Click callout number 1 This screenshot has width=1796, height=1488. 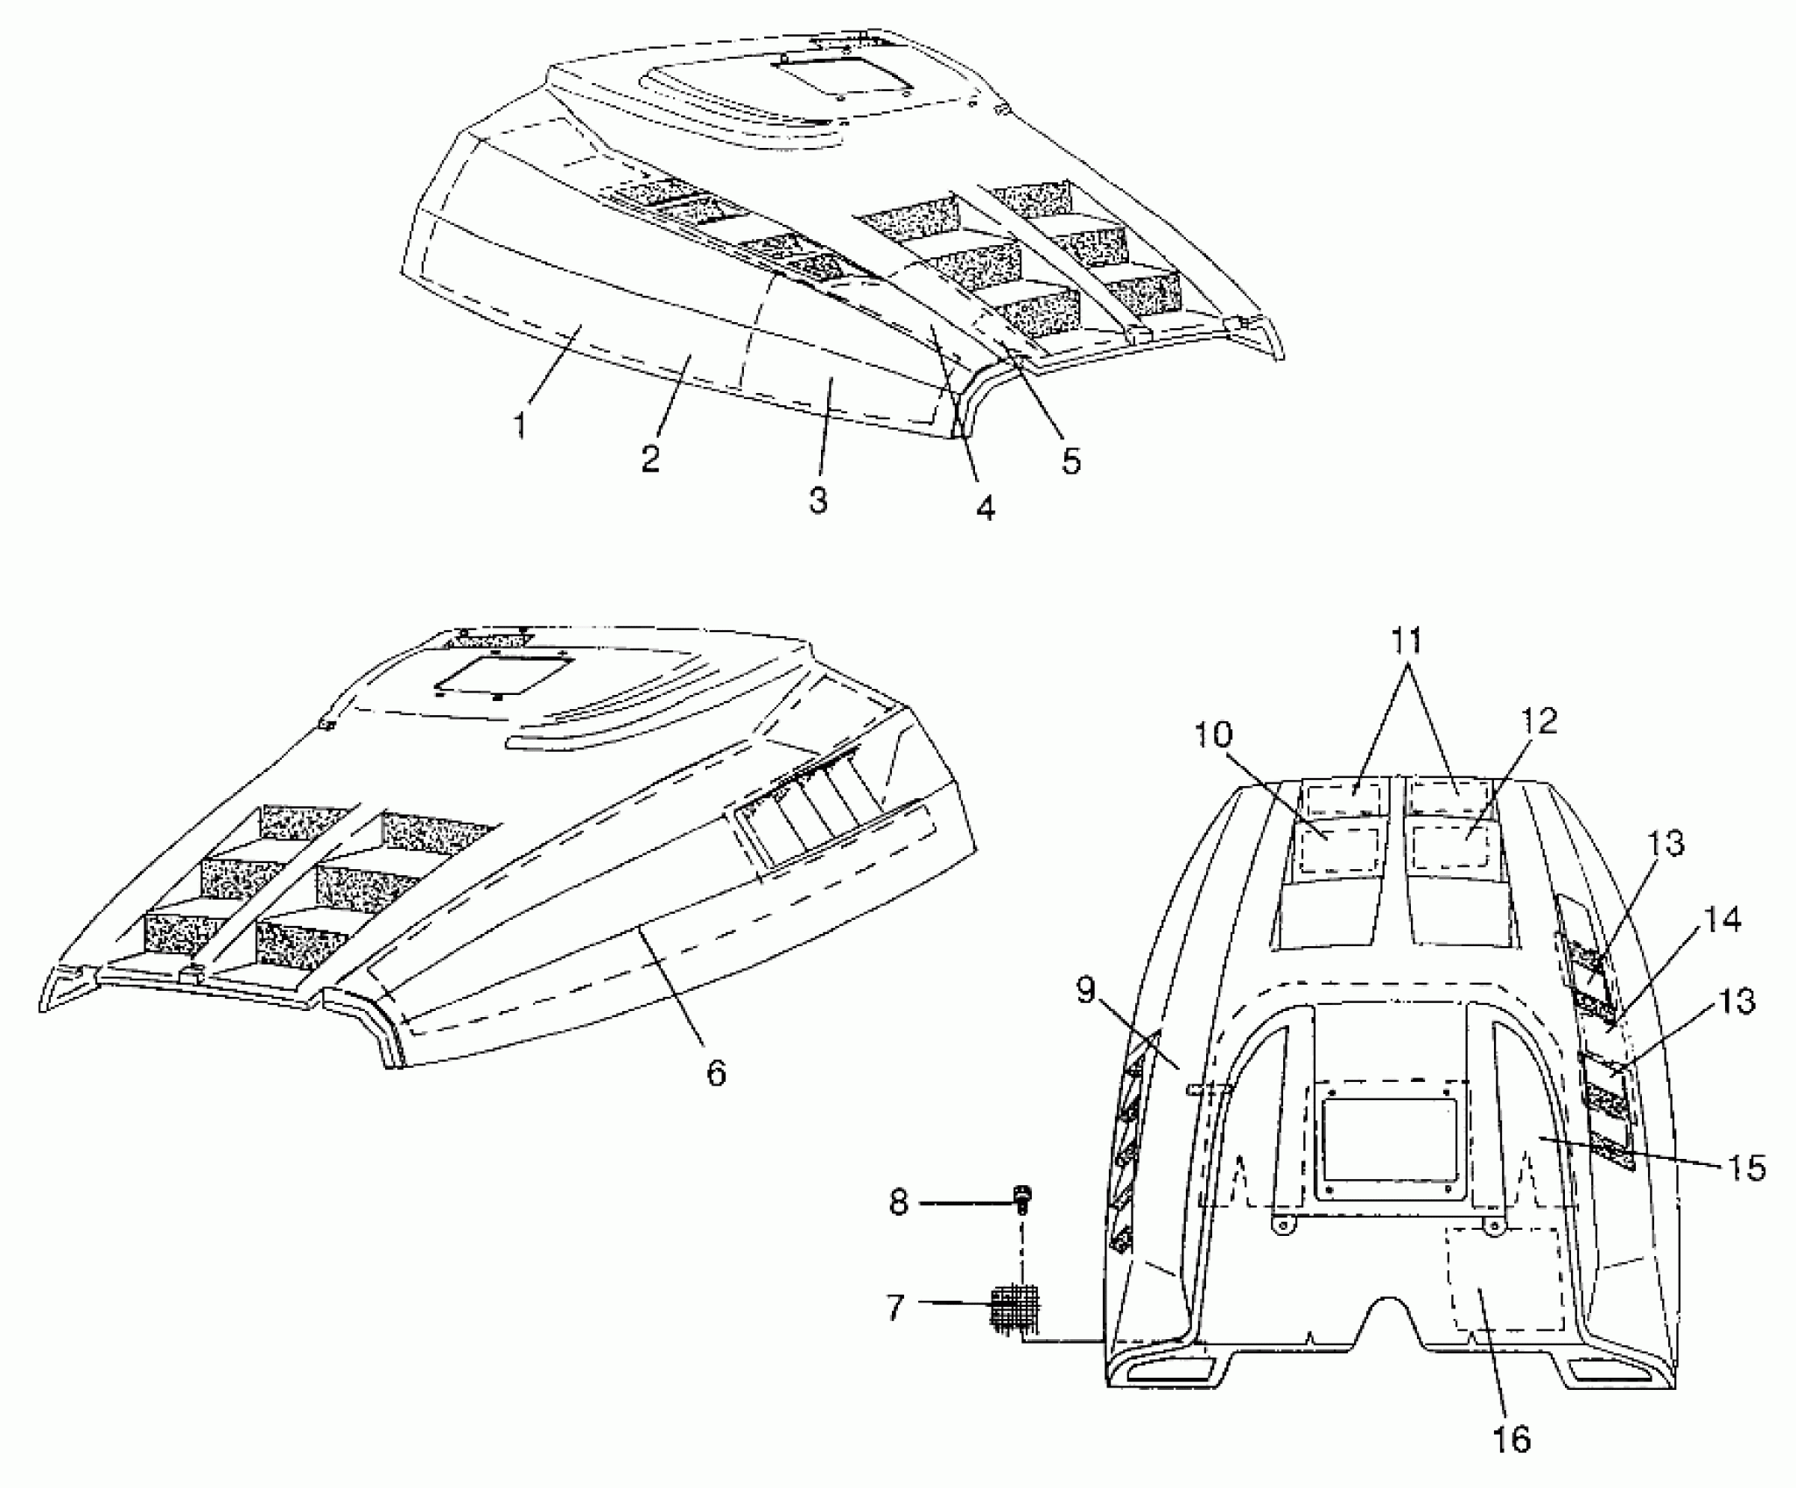click(520, 425)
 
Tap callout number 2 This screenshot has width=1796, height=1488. click(649, 458)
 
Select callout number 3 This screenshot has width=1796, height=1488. click(817, 501)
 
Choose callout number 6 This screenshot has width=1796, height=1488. click(716, 1071)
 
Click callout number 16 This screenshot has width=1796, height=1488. click(1512, 1438)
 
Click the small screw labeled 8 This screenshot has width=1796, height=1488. click(1021, 1197)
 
